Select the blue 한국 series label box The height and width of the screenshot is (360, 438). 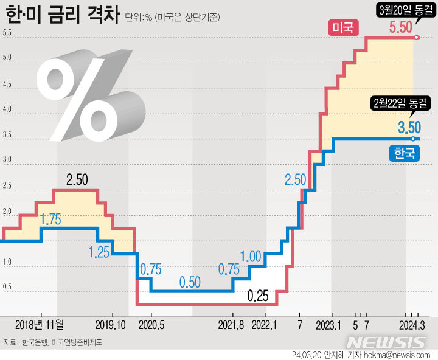click(404, 153)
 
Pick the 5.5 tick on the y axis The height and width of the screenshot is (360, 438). click(7, 33)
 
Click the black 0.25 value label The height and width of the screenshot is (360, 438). click(258, 297)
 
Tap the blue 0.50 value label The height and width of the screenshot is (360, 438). click(190, 282)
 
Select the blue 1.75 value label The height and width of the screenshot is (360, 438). click(50, 220)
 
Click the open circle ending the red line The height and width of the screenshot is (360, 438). click(417, 38)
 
